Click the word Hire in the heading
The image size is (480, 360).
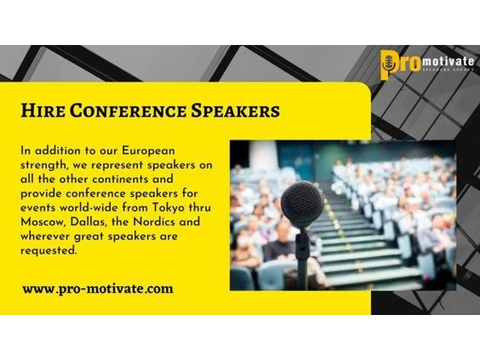click(43, 110)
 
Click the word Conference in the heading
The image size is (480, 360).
click(128, 110)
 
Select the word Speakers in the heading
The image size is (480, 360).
click(235, 111)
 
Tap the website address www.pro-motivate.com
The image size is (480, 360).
click(97, 289)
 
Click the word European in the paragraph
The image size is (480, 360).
click(148, 151)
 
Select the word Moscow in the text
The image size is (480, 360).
click(43, 222)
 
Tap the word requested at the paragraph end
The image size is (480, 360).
click(48, 250)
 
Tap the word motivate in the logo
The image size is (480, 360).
click(448, 61)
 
